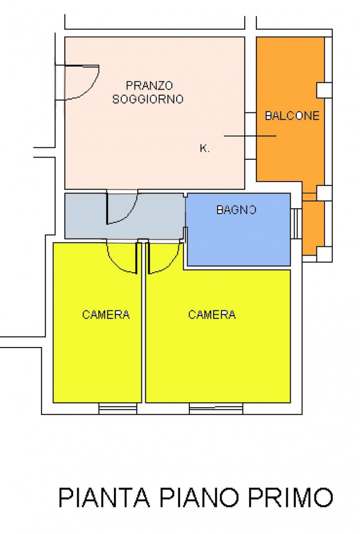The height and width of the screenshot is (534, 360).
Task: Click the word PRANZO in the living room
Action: coord(149,86)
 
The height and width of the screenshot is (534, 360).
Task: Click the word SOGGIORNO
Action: coord(148,100)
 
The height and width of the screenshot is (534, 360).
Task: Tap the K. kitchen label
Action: coord(204,148)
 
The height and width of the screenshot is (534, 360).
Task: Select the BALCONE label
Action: coord(292,116)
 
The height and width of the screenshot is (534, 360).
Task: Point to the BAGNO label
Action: coord(236,210)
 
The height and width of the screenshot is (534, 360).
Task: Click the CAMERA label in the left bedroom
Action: coord(106,315)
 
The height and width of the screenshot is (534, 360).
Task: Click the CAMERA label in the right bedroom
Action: coord(212,315)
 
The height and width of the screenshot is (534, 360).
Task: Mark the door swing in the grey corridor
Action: coord(121,208)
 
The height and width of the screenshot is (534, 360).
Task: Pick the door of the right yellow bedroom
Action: coord(163,257)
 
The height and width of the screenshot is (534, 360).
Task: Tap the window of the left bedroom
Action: coord(117,409)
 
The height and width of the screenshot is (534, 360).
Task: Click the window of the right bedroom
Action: coord(216,409)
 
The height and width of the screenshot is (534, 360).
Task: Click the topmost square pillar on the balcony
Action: coord(323,90)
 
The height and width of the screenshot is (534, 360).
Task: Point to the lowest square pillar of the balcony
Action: coord(323,254)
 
